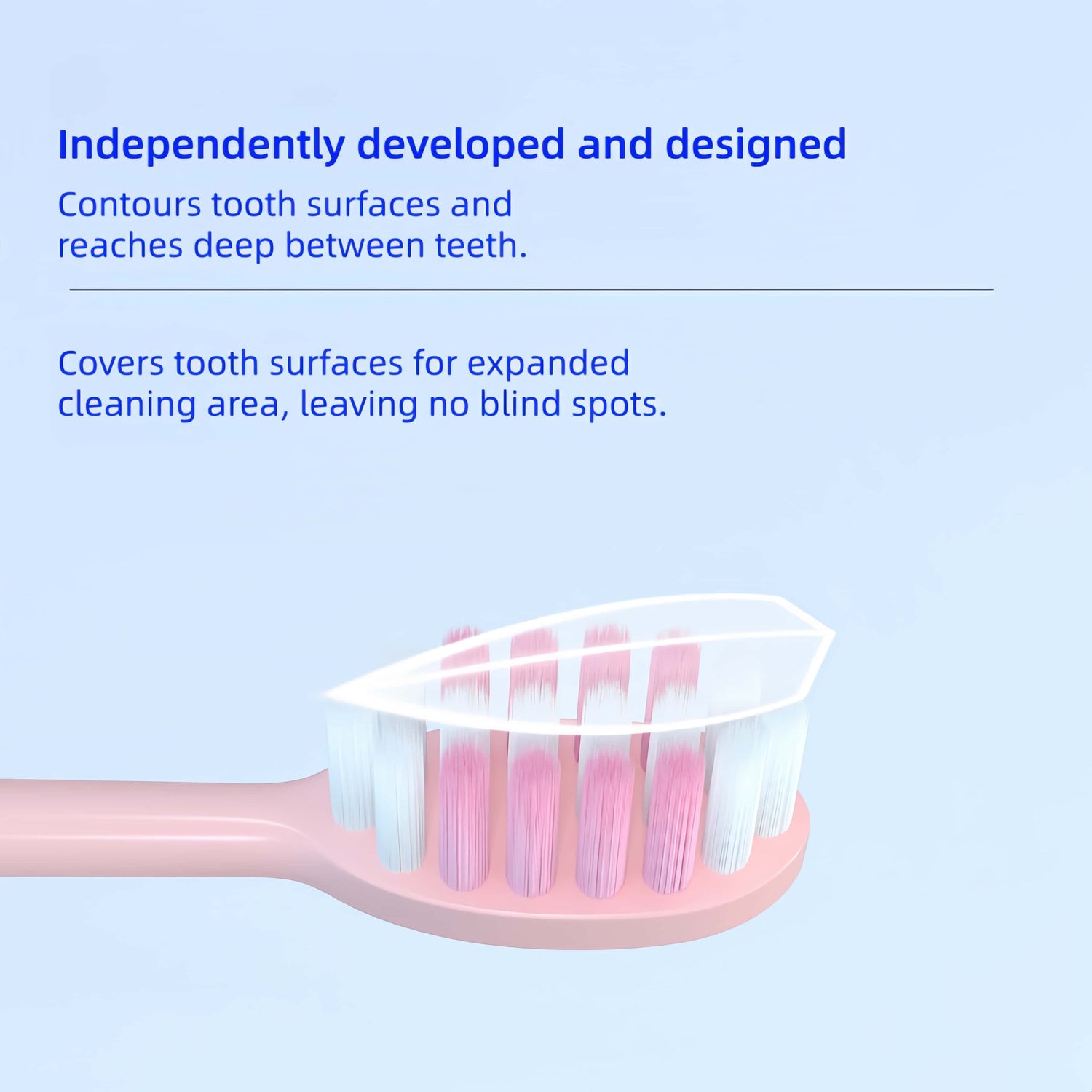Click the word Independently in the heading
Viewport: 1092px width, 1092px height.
201,145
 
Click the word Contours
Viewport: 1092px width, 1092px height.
129,205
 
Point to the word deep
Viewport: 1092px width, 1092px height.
234,246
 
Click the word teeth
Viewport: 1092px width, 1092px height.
480,246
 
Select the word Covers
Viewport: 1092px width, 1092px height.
111,363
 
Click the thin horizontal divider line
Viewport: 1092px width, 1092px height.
531,290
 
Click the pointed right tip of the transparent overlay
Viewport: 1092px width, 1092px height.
831,633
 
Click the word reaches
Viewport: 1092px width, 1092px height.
120,246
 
